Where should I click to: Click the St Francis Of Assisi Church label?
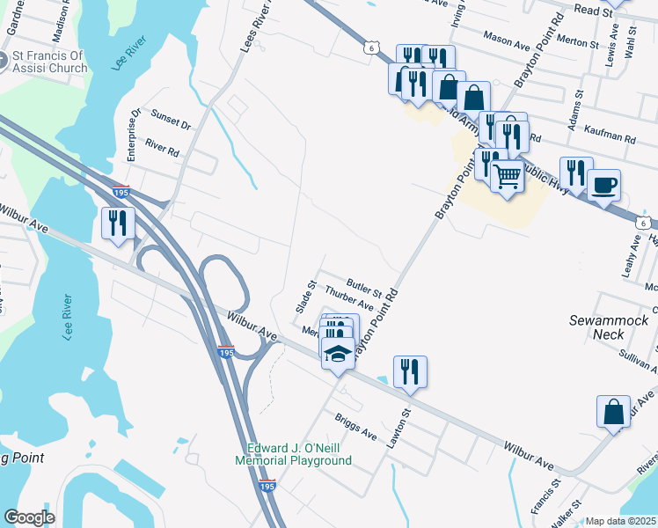coord(48,62)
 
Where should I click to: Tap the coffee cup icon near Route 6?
coord(603,186)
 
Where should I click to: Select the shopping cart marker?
coord(508,177)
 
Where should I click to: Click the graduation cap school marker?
coord(337,354)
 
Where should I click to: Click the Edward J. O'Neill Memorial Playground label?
coord(293,453)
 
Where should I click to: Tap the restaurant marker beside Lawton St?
coord(410,370)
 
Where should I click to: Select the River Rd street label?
coord(163,151)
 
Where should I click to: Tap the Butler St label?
coord(364,285)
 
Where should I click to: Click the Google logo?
coord(29,517)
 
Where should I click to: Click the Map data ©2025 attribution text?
coord(621,521)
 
